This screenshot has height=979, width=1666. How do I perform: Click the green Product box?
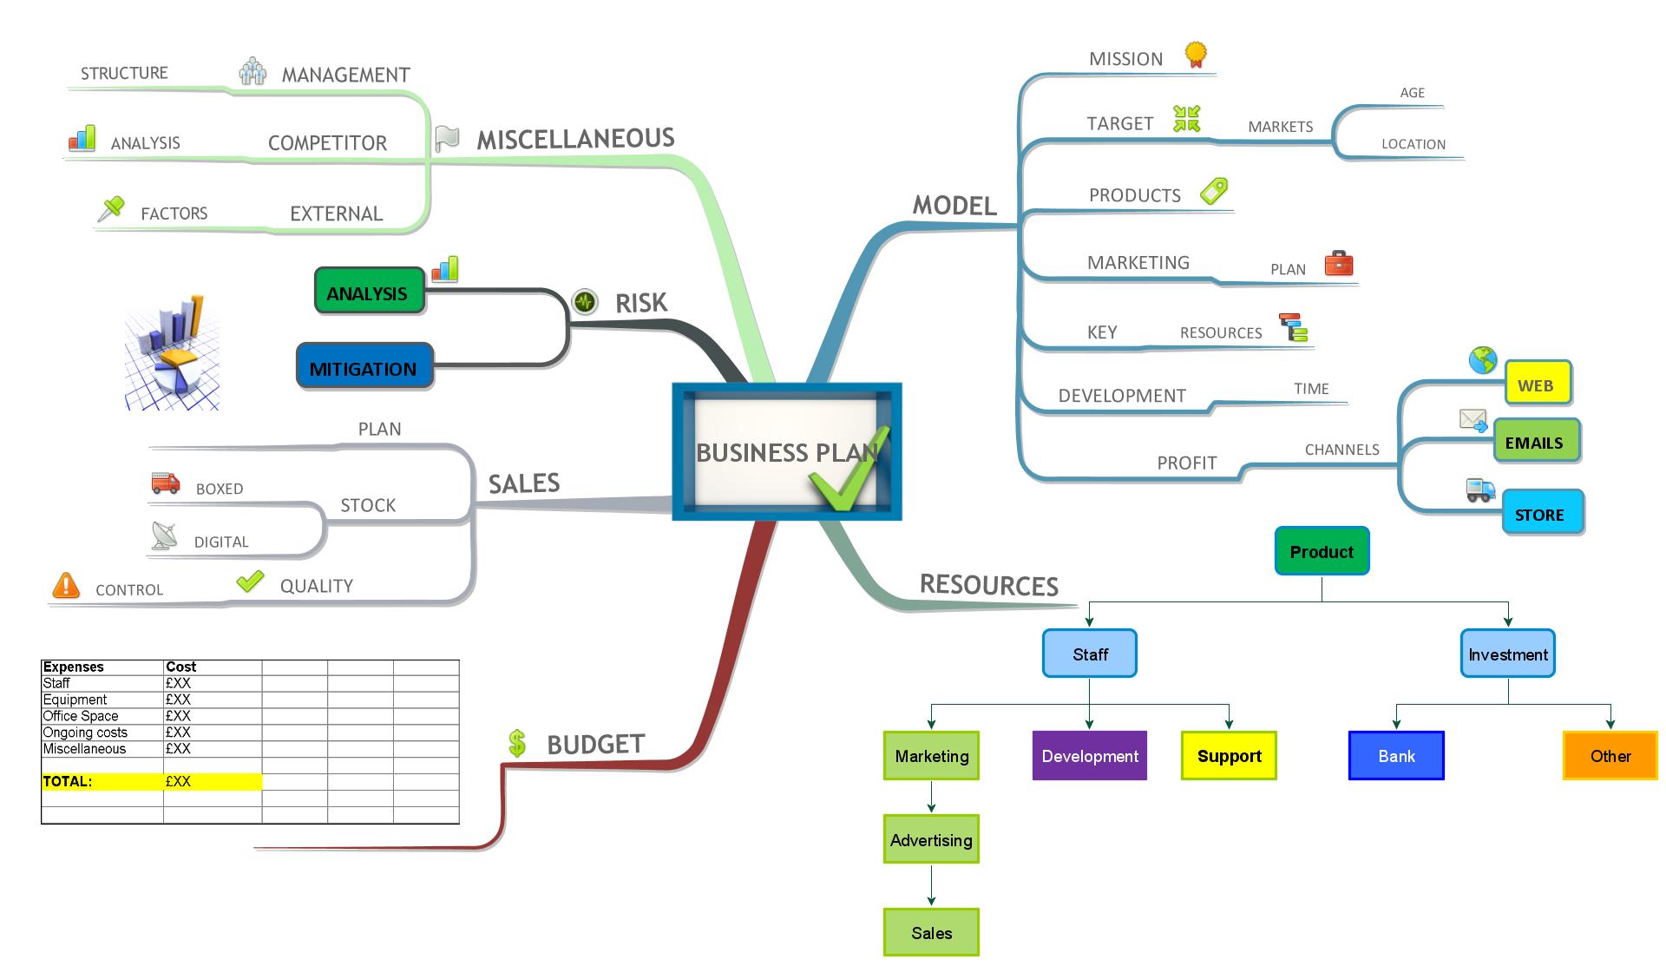[1322, 551]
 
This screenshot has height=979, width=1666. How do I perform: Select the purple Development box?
[1090, 756]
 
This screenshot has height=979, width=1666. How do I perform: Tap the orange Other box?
[1610, 756]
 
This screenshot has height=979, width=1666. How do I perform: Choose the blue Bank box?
[1396, 756]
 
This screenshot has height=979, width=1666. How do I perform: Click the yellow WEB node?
[1537, 384]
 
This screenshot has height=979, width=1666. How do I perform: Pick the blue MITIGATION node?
[364, 367]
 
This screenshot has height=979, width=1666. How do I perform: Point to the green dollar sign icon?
[517, 743]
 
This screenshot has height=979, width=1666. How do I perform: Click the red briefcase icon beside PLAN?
[1339, 263]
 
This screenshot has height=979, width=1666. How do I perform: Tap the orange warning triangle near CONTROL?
[66, 586]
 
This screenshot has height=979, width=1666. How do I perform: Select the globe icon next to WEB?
[1483, 360]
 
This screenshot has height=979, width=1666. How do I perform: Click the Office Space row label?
[81, 716]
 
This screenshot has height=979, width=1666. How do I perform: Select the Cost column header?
[181, 667]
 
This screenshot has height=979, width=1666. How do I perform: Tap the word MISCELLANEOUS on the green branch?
[576, 139]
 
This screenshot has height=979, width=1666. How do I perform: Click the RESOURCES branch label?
[989, 585]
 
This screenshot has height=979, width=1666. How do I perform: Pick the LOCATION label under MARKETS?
[1413, 144]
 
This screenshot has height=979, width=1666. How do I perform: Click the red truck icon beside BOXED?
[165, 483]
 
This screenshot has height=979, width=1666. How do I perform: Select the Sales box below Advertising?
[931, 932]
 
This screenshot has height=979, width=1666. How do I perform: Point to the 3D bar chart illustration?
[172, 352]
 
